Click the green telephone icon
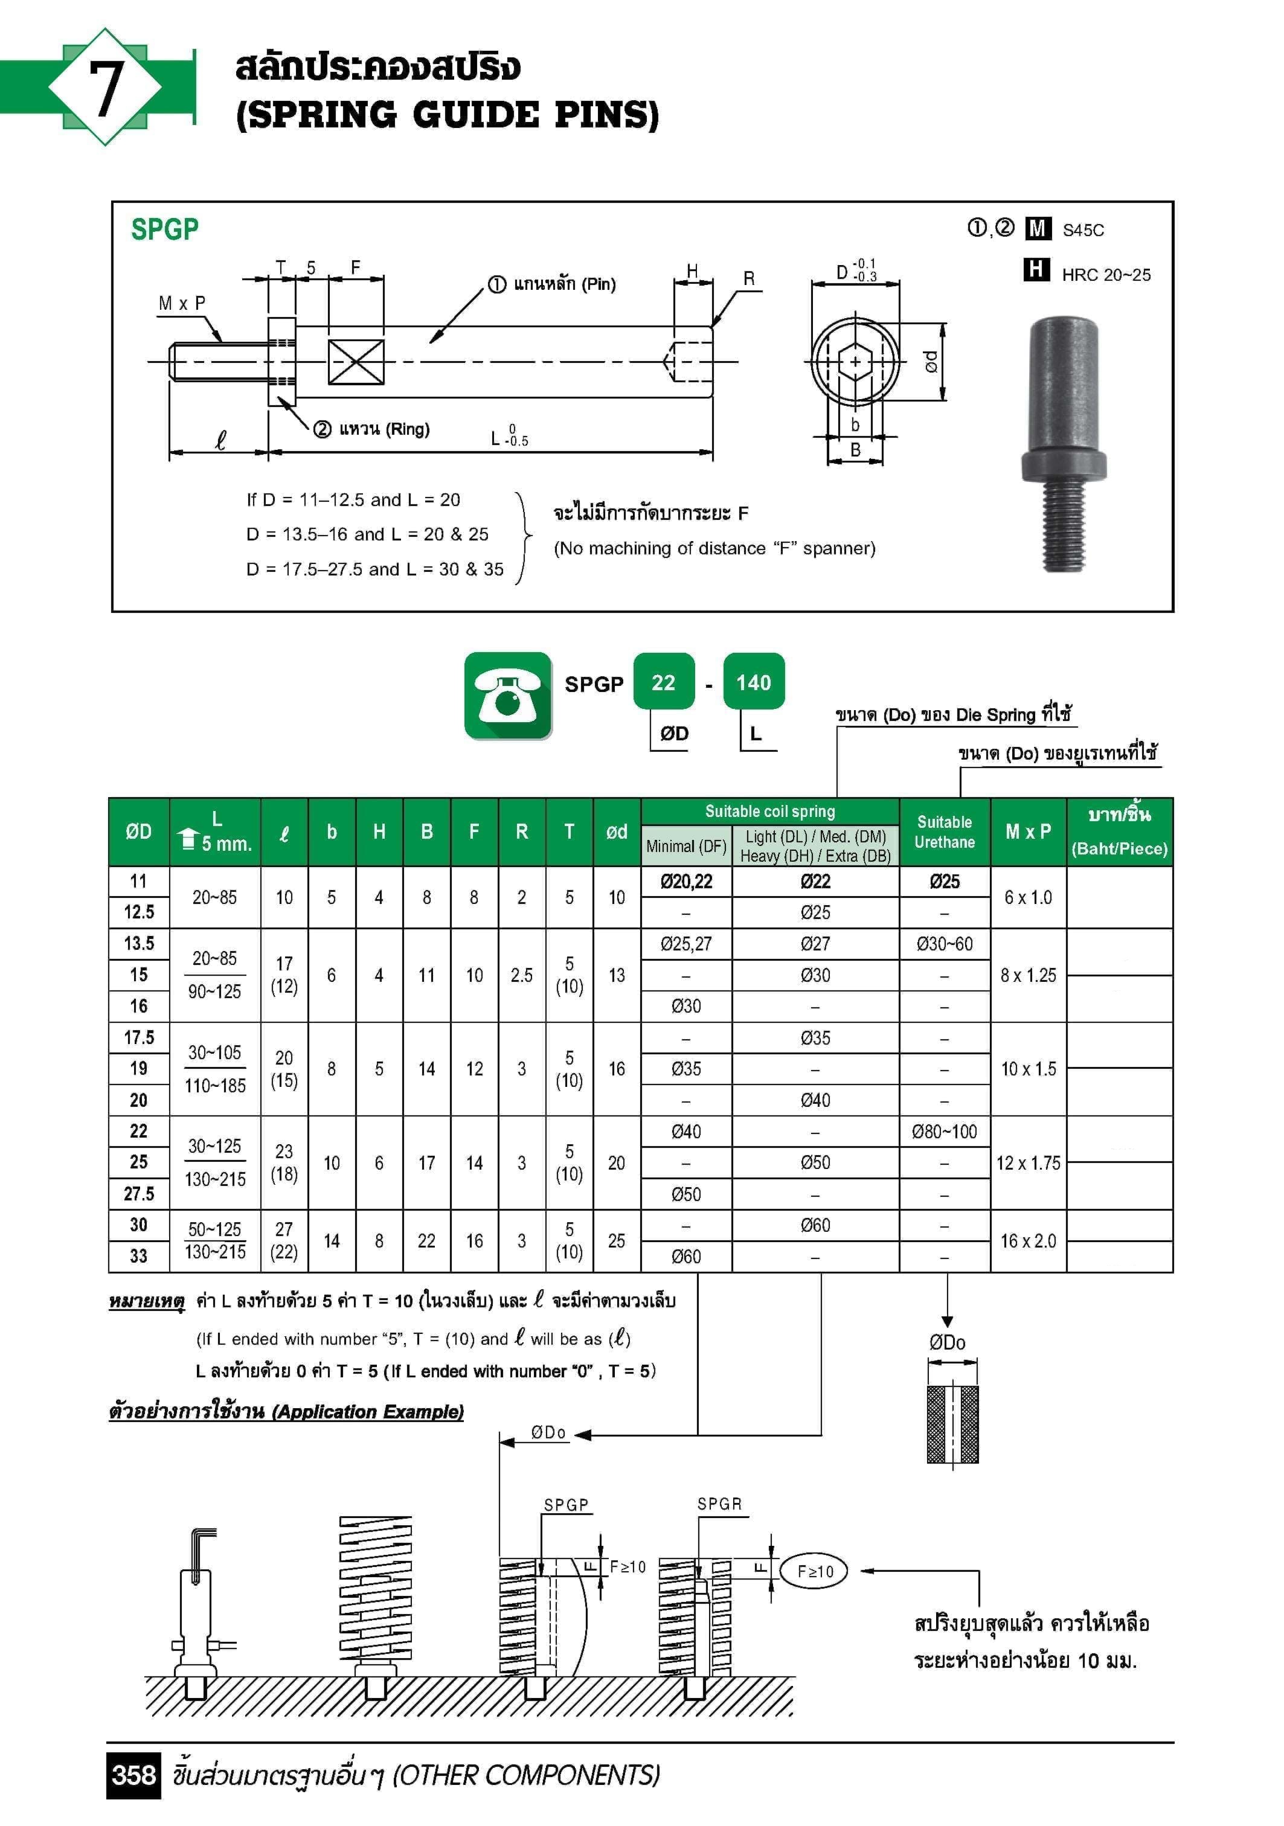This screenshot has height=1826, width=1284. pyautogui.click(x=507, y=695)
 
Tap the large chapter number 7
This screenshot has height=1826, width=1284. pyautogui.click(x=105, y=88)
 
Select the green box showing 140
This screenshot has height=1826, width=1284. pyautogui.click(x=753, y=682)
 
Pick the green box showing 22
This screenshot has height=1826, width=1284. pyautogui.click(x=664, y=682)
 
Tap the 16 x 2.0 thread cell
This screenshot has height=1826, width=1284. pyautogui.click(x=1028, y=1241)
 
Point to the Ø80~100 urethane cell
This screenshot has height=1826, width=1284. pyautogui.click(x=945, y=1131)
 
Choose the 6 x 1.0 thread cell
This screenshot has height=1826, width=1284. pyautogui.click(x=1028, y=897)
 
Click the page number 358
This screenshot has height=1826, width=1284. pyautogui.click(x=133, y=1774)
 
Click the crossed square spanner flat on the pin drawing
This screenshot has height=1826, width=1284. pyautogui.click(x=356, y=362)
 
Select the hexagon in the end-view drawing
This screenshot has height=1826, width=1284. pyautogui.click(x=855, y=362)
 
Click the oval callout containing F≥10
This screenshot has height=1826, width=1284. pyautogui.click(x=815, y=1571)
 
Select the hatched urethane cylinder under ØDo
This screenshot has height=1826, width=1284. pyautogui.click(x=952, y=1424)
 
